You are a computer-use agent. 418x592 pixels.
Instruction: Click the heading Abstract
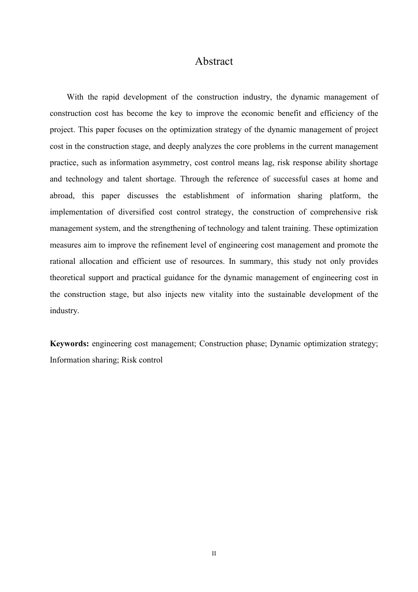click(214, 61)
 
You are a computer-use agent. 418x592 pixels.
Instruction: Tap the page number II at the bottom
click(214, 553)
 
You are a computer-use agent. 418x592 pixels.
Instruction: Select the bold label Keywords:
click(70, 344)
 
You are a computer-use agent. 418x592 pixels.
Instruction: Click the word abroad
click(62, 196)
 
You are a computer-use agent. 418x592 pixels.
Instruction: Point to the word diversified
click(136, 212)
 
